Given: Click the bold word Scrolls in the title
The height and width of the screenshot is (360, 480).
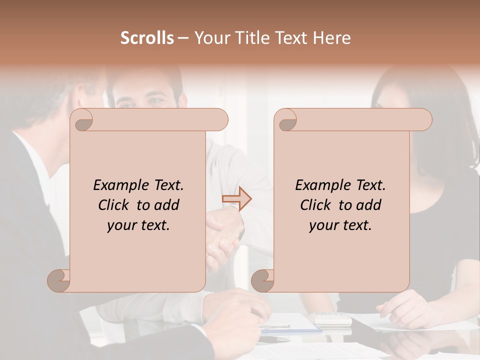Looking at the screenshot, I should (147, 38).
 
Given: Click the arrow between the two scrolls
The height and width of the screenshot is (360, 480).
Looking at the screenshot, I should (237, 199).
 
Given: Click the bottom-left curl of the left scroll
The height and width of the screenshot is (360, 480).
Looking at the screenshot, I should (59, 280).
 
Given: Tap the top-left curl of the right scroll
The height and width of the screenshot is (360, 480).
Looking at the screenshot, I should (286, 120).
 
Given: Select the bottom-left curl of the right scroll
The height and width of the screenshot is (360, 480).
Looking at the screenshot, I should (263, 280).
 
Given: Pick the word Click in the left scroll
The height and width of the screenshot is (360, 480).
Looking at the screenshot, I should (109, 205).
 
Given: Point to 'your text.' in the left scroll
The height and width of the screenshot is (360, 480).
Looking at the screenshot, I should (138, 225).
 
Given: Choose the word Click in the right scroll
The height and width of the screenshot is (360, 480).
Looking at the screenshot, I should (311, 205).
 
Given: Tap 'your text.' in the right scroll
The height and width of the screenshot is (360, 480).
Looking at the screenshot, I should (340, 225).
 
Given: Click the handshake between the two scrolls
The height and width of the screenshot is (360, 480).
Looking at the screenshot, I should (225, 232).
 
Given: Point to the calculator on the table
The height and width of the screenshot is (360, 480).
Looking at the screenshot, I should (332, 318).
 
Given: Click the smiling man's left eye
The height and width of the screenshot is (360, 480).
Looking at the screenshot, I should (157, 101).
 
